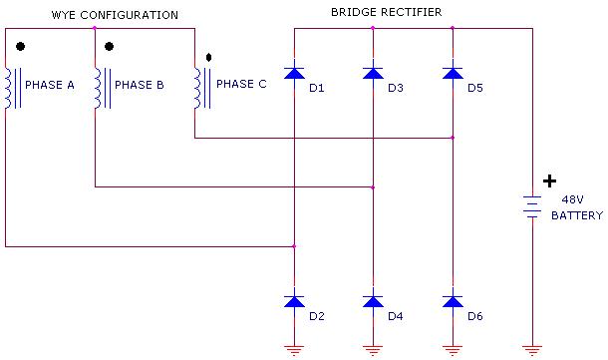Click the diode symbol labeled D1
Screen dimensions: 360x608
(294, 72)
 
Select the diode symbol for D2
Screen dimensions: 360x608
(294, 299)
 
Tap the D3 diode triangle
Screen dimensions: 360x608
(373, 72)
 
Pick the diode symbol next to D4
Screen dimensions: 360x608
(373, 299)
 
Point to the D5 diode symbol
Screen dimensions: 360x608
(453, 72)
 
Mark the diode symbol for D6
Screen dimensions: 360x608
(453, 299)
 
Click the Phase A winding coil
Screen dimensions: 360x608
(9, 88)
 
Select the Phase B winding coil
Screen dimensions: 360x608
(99, 88)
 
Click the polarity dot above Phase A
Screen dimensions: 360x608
(20, 47)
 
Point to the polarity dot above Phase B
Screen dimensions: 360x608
(110, 47)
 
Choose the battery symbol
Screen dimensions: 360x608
(532, 206)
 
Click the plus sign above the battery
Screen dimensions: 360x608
(549, 181)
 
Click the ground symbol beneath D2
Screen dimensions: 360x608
(294, 348)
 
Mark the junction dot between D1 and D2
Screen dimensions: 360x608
(294, 245)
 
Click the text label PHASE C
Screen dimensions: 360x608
(241, 84)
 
